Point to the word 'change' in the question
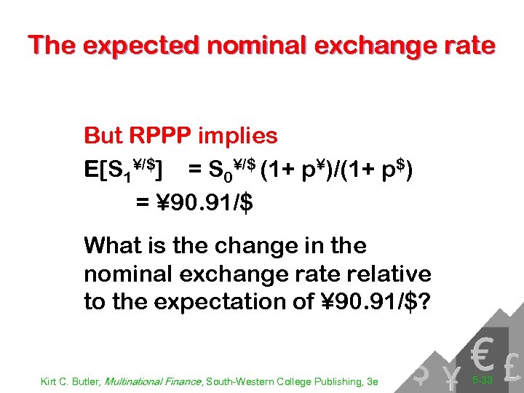[218, 245]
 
